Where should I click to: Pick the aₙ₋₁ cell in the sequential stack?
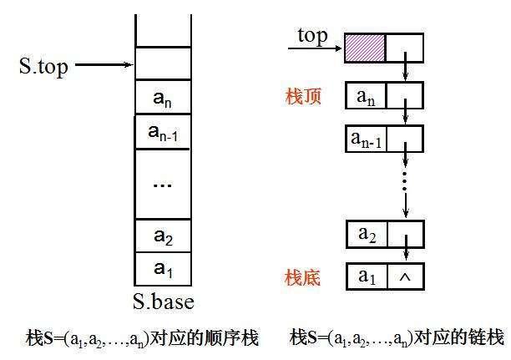pos(164,132)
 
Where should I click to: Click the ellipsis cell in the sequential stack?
pos(164,184)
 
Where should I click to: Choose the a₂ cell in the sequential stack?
pos(164,236)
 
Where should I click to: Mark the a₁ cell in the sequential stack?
pos(164,269)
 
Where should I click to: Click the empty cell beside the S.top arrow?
pos(164,63)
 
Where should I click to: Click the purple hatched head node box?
pos(364,48)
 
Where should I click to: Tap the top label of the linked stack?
pos(312,37)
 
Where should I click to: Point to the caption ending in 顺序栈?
pos(142,337)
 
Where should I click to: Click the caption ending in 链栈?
pos(397,337)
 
